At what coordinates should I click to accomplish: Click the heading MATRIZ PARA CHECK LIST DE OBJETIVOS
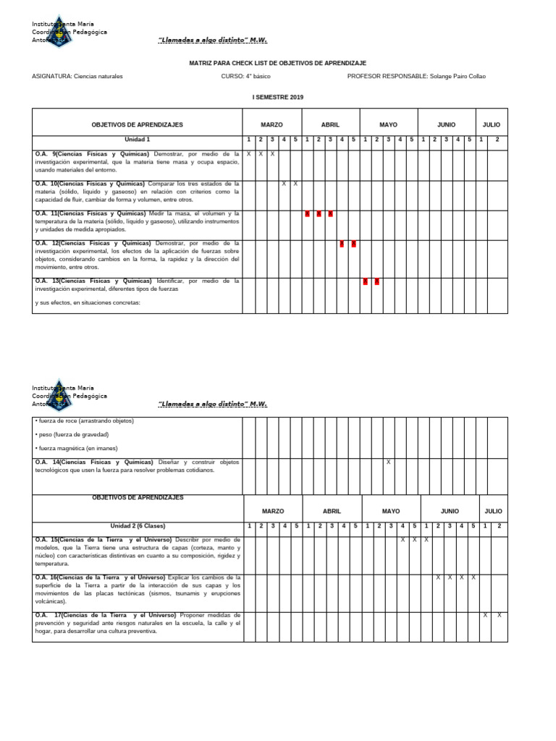coord(277,64)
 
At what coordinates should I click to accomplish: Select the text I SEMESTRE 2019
coord(277,97)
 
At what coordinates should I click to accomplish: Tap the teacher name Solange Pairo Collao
coord(458,76)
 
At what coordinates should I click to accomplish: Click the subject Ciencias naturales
coord(98,76)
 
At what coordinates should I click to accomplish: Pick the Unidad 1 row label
coord(137,139)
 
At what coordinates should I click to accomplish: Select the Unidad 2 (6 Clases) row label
coord(137,526)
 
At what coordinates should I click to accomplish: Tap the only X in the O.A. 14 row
coord(389,462)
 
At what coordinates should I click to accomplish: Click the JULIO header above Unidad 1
coord(492,124)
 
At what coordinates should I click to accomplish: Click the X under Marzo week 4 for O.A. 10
coord(284,184)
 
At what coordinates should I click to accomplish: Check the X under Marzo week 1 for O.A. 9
coord(248,154)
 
